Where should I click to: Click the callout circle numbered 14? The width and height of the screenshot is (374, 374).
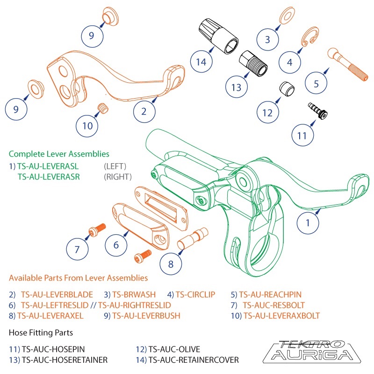pos(201,61)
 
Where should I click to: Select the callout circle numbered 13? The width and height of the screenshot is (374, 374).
pos(237,86)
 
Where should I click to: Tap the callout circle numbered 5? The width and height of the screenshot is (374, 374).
pos(316,84)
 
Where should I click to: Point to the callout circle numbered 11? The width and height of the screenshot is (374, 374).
pos(302,136)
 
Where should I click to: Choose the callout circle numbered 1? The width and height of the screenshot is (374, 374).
pos(308,223)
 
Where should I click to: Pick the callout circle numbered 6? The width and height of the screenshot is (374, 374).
pos(116,244)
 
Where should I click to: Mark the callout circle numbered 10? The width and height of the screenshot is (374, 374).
pos(88,125)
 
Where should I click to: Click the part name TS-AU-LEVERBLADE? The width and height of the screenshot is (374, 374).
pos(57,295)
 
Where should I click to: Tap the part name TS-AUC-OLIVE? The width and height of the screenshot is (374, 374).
pos(174,349)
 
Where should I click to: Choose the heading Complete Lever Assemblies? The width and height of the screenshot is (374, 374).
pos(59,154)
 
